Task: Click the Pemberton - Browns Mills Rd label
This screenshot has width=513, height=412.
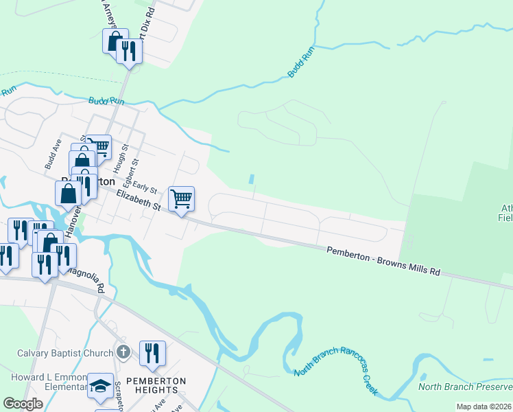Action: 383,261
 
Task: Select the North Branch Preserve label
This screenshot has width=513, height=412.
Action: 464,385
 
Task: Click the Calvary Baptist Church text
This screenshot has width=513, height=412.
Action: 65,353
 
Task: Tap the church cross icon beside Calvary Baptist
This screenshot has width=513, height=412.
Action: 123,352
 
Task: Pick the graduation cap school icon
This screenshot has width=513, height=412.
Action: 100,387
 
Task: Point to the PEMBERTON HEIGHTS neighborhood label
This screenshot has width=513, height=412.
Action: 156,385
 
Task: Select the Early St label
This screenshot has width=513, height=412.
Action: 145,186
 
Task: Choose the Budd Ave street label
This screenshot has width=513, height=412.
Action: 53,154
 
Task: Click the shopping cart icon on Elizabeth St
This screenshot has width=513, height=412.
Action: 181,199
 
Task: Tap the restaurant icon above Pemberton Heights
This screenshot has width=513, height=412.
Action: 152,353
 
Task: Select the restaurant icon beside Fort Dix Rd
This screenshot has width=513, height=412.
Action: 129,50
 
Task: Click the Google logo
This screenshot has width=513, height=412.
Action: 23,404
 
